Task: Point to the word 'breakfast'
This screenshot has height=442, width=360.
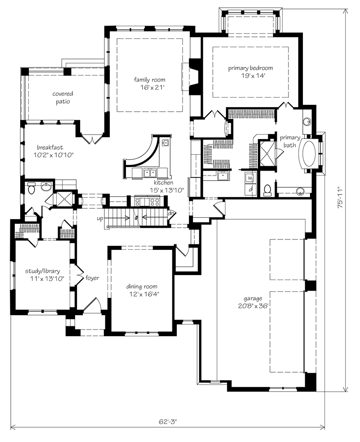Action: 50,147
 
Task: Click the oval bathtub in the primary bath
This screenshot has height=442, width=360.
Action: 309,154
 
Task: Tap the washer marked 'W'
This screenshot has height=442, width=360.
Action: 250,178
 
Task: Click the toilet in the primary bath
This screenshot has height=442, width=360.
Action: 267,190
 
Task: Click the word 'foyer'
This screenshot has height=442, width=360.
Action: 92,278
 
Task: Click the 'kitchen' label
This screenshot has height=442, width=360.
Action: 163,183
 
